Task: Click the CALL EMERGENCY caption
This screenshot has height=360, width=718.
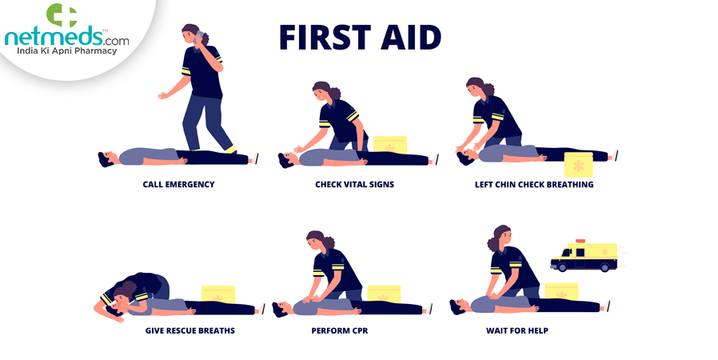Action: [178, 185]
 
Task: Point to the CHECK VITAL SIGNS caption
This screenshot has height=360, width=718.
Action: [354, 185]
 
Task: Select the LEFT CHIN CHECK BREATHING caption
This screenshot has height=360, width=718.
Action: [534, 185]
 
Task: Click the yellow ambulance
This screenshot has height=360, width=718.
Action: [584, 257]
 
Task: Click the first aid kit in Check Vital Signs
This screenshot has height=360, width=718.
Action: [390, 145]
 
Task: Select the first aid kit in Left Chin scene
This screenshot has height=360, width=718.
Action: [578, 164]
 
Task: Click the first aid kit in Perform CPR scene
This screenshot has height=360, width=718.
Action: [385, 294]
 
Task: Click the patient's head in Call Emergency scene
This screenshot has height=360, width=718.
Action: [106, 159]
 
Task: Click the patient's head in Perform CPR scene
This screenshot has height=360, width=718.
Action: [278, 308]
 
